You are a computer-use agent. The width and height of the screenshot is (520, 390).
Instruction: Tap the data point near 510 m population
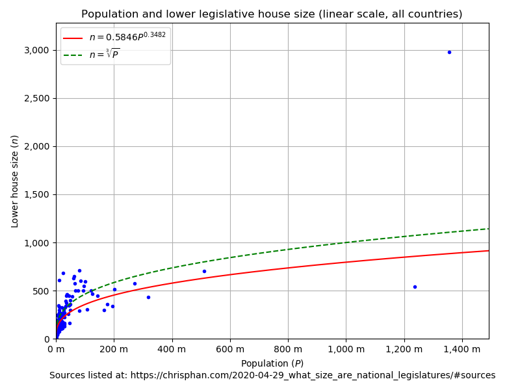pos(204,271)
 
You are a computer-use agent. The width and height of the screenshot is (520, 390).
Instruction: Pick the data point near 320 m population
pos(148,297)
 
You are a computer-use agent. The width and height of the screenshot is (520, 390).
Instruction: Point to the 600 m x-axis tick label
pos(230,350)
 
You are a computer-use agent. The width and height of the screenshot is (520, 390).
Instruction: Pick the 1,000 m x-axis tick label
pos(346,350)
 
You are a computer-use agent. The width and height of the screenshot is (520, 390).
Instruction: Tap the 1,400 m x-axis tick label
pos(462,350)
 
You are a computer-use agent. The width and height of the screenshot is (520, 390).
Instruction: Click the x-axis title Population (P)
pos(272,363)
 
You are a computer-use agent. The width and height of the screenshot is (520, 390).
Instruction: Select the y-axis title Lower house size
pos(15,181)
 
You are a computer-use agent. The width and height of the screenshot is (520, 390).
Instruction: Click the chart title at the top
pos(272,14)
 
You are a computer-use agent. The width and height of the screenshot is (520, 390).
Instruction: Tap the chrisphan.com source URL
pos(313,376)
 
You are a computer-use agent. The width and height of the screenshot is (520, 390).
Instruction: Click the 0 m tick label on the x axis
pos(56,350)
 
